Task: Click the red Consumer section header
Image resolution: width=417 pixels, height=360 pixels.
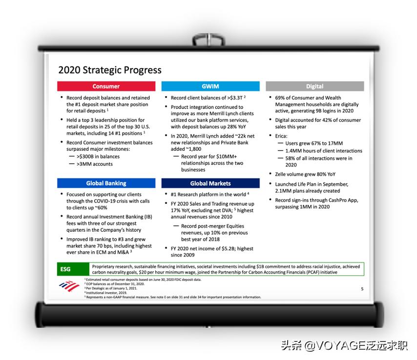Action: pos(106,86)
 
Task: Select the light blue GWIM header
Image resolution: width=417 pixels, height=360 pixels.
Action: pos(210,86)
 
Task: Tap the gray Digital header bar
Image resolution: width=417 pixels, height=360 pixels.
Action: pos(314,86)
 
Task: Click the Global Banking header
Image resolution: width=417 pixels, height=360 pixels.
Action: pos(106,183)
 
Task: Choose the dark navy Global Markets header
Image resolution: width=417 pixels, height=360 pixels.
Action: pos(210,183)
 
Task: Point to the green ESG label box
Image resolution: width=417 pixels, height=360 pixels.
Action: pos(73,269)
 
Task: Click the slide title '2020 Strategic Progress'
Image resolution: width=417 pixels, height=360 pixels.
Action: pos(110,70)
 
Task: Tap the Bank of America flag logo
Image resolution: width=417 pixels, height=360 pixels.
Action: pos(69,286)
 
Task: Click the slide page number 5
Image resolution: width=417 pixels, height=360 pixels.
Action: pos(362,289)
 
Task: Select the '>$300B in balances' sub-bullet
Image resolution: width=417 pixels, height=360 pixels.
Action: pos(98,157)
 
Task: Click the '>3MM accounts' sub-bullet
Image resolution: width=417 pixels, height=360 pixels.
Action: pos(94,164)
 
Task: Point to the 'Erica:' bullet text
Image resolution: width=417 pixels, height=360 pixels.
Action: pos(281,136)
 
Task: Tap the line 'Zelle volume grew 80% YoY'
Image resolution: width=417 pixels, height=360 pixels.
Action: pos(305,174)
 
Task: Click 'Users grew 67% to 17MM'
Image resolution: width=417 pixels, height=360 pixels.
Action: pos(314,143)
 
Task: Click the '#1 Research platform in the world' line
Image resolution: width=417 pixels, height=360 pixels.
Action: pos(208,195)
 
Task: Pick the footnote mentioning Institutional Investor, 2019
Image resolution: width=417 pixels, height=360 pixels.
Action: pos(106,293)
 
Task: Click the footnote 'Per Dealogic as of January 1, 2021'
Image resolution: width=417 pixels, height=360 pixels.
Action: pos(111,288)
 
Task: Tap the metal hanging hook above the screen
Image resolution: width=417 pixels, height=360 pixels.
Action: pos(209,40)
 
